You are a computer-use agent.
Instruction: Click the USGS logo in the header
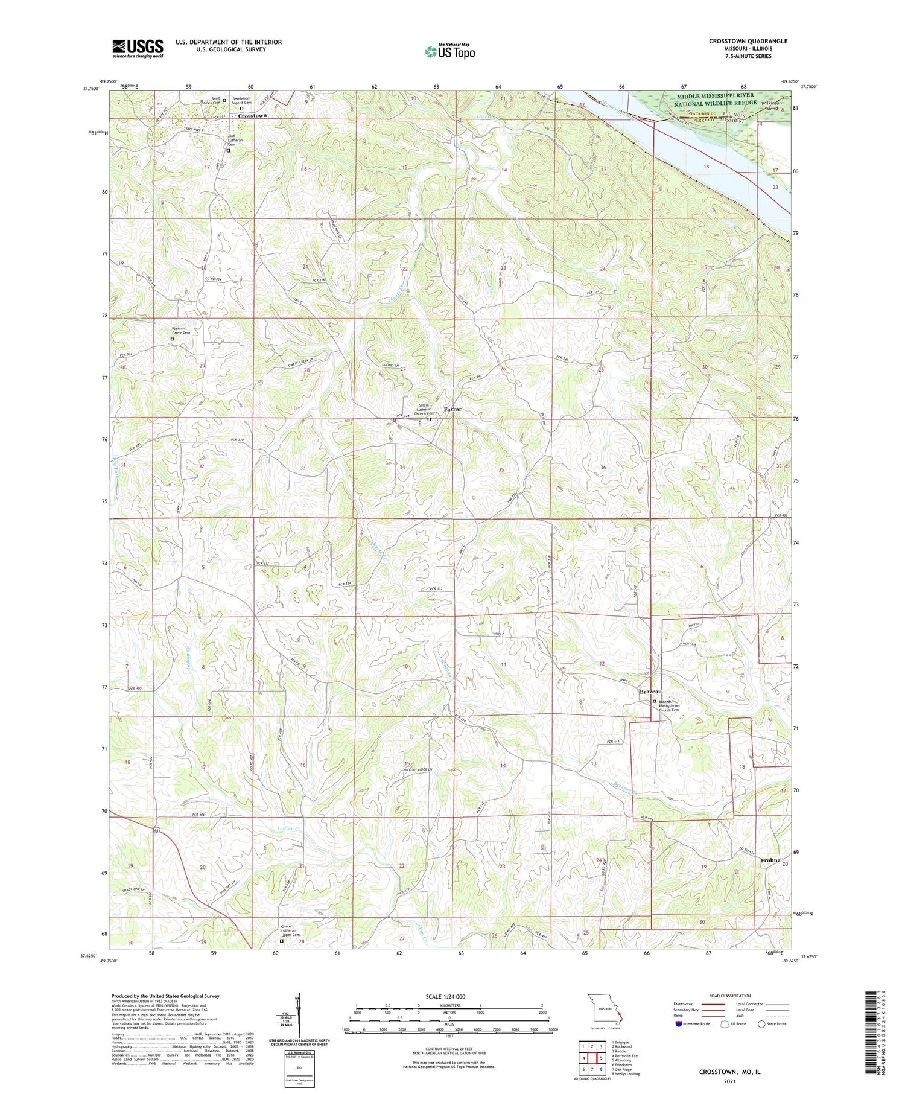tap(138, 48)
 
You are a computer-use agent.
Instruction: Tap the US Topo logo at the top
tap(449, 51)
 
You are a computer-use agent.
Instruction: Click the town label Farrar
tap(453, 409)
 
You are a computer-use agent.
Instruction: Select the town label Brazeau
tap(650, 692)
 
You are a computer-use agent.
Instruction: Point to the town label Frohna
tap(770, 860)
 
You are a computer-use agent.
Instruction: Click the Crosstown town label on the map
tap(252, 115)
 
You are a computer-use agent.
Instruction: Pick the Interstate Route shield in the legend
tap(678, 1023)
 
